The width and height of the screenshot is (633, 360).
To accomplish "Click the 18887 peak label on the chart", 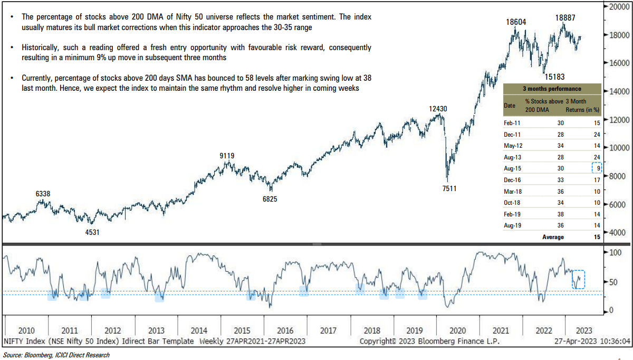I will click(566, 17).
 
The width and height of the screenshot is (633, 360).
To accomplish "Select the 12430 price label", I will click(438, 109).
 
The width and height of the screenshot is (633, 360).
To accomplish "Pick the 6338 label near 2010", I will click(43, 194).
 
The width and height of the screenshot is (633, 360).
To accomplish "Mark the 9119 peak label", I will click(227, 156).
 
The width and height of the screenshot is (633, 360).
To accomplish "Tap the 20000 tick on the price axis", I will click(620, 7).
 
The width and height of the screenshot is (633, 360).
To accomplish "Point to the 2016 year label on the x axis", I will click(285, 330).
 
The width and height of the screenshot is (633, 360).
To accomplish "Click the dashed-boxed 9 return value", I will click(596, 168).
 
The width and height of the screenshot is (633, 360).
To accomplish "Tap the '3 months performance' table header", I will click(552, 89).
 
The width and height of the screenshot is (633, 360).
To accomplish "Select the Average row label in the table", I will click(553, 237).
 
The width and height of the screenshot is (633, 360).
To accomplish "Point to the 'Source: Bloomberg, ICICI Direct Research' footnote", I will click(56, 355).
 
